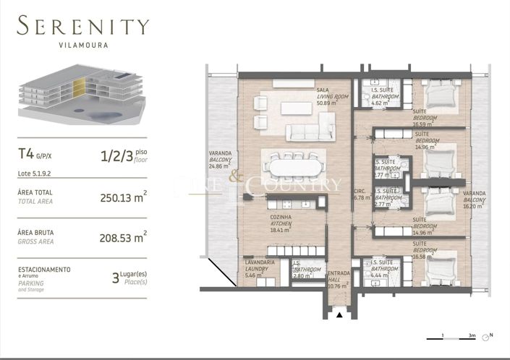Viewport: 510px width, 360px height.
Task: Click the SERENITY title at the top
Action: click(x=83, y=27)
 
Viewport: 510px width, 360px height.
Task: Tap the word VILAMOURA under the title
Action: click(x=83, y=45)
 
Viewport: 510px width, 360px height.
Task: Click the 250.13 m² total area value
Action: click(x=124, y=197)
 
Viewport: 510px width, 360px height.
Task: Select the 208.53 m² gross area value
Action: click(x=124, y=236)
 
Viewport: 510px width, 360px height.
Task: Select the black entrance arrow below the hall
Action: click(x=338, y=315)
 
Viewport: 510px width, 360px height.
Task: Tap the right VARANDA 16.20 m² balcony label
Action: click(x=474, y=199)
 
